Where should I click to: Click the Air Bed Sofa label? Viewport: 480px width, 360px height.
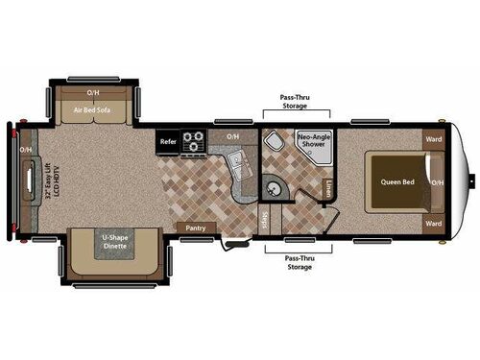pyautogui.click(x=93, y=109)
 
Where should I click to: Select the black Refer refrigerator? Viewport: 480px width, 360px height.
pyautogui.click(x=168, y=140)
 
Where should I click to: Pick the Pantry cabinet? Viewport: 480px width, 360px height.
pyautogui.click(x=196, y=228)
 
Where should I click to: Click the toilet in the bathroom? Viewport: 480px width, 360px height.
pyautogui.click(x=274, y=145)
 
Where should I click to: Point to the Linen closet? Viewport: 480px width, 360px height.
pyautogui.click(x=329, y=186)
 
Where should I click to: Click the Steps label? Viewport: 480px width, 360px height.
pyautogui.click(x=265, y=220)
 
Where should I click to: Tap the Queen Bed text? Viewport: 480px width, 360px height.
pyautogui.click(x=396, y=180)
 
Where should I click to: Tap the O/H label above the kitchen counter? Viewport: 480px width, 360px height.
pyautogui.click(x=232, y=137)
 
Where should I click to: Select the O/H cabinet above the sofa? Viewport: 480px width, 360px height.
pyautogui.click(x=93, y=92)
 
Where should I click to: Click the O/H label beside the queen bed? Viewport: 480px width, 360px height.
pyautogui.click(x=437, y=181)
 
